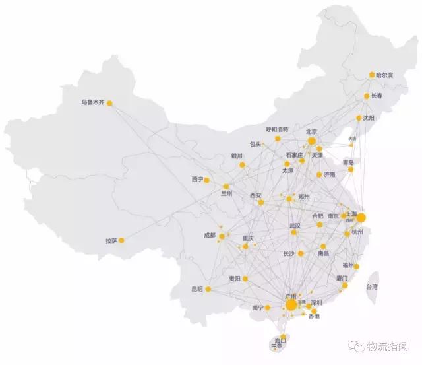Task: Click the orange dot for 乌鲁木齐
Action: (109, 103)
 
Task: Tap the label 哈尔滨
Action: (385, 75)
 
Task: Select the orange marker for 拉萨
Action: (121, 240)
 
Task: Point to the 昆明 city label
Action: (198, 289)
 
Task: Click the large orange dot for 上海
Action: (361, 217)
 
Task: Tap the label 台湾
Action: (372, 287)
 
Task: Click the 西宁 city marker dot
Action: (206, 180)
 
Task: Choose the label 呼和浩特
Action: (278, 129)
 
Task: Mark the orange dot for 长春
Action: (367, 96)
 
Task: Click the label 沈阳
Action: (368, 118)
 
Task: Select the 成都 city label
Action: (210, 236)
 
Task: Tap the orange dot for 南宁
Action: (268, 308)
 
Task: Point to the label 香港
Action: (314, 317)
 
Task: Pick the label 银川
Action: (237, 156)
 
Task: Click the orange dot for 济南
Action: (319, 175)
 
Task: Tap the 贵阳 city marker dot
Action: (245, 279)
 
